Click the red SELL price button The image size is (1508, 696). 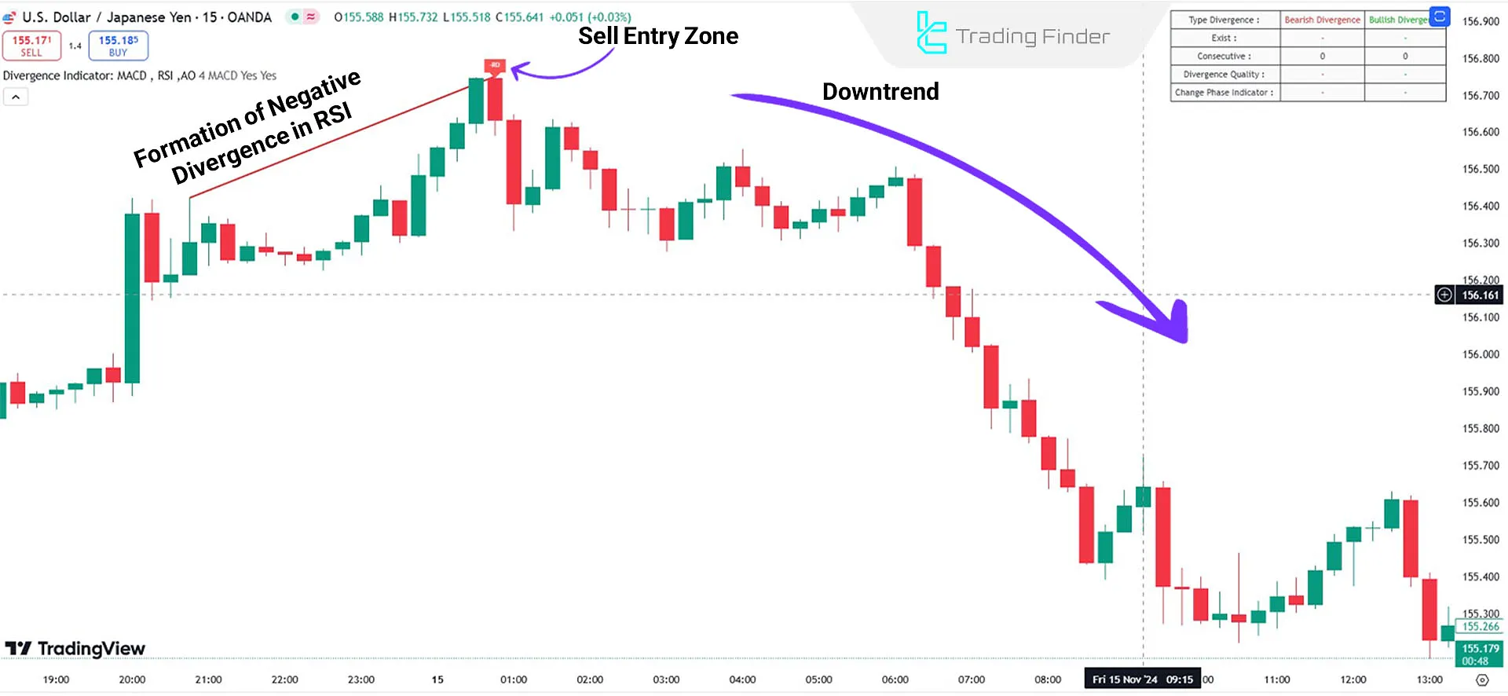[x=31, y=46]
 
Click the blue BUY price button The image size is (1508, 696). [x=118, y=46]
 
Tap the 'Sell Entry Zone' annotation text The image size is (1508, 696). [x=658, y=36]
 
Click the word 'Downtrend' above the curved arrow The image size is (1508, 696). [x=880, y=92]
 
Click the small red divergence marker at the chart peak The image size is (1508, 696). [x=495, y=65]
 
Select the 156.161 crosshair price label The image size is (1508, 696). [x=1480, y=295]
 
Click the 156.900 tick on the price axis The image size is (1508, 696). [x=1481, y=21]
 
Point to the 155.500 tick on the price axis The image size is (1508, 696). [x=1481, y=540]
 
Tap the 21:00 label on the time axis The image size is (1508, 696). [x=208, y=680]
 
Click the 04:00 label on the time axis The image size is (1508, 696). [x=742, y=680]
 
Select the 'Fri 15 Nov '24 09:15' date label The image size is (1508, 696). [x=1142, y=680]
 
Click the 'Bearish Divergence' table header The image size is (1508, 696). [x=1322, y=20]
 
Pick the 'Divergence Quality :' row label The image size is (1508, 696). [x=1224, y=75]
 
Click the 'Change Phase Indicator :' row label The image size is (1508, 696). [x=1224, y=93]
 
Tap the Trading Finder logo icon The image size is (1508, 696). [x=932, y=33]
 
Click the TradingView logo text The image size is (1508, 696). [x=91, y=649]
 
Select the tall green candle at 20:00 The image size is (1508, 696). [x=132, y=299]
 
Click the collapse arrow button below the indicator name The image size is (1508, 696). [x=16, y=97]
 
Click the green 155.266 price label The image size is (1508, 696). [x=1480, y=627]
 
